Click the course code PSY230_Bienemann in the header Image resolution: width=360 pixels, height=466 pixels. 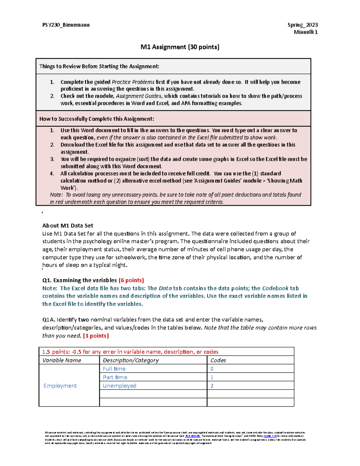pos(66,25)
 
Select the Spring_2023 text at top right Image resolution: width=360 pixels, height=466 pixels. pos(302,25)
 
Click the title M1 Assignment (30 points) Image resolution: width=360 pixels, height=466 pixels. pos(180,47)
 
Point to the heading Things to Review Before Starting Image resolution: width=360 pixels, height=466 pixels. pos(99,66)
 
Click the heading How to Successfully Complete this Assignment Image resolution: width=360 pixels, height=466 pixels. pos(97,119)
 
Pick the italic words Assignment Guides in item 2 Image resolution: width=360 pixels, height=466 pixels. pos(139,96)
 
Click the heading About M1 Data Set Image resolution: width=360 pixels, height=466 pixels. pos(67,226)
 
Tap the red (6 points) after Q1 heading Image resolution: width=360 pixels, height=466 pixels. pos(131,280)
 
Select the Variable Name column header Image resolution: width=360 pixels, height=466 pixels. pos(61,360)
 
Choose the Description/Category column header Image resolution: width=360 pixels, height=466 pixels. pos(130,360)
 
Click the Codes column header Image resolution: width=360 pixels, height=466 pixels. pos(218,360)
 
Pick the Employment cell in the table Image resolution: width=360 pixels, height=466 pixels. pos(60,386)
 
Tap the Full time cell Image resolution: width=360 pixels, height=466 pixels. pos(114,369)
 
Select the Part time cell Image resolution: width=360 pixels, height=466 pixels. pos(115,377)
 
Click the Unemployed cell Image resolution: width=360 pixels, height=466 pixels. pos(119,386)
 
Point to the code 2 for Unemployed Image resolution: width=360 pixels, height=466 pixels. pos(212,386)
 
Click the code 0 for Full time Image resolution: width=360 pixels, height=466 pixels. pos(212,369)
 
